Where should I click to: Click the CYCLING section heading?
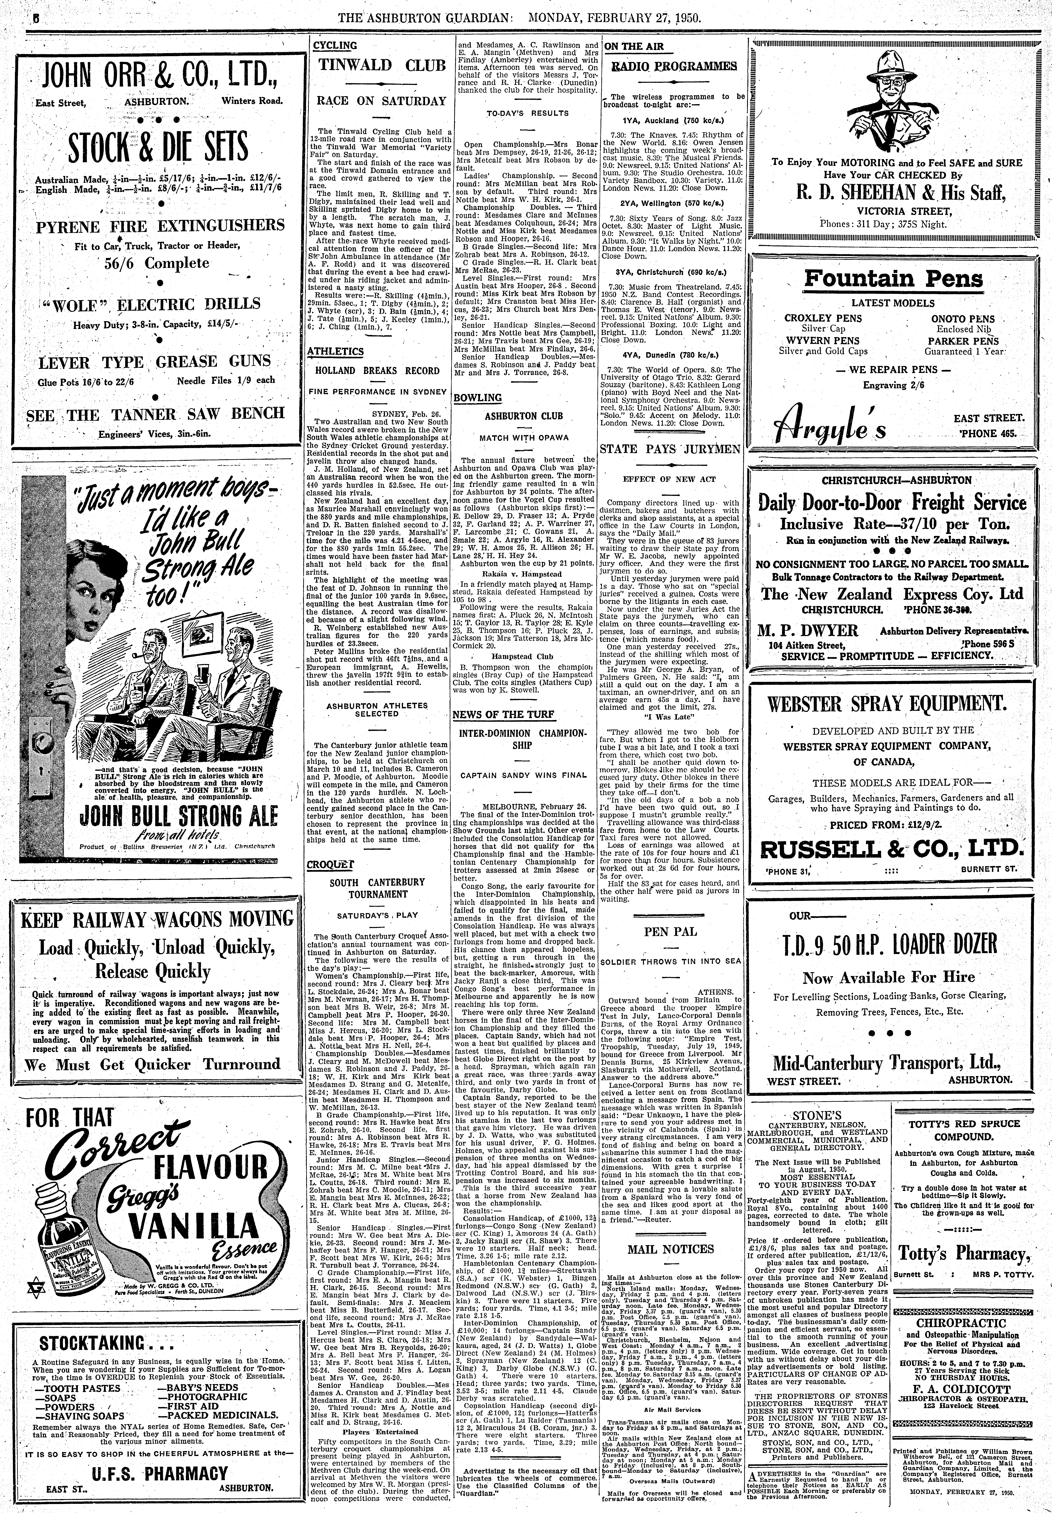(335, 45)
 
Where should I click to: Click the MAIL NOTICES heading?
(671, 1249)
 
